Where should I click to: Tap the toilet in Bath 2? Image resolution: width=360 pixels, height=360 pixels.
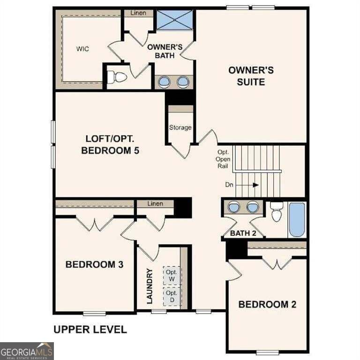tap(276, 212)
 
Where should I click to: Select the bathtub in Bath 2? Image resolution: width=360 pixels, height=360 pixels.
tap(297, 220)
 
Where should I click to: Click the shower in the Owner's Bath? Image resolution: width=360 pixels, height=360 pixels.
tap(175, 20)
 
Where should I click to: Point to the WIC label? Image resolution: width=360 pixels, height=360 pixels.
tap(82, 49)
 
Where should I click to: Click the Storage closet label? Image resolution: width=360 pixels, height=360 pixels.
tap(180, 127)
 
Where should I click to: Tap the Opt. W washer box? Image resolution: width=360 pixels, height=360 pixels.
tap(172, 275)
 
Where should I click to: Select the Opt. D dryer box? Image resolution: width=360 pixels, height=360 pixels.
tap(172, 296)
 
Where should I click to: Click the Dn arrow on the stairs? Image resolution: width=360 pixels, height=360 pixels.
tap(247, 185)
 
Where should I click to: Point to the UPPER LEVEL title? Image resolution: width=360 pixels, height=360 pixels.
tap(90, 330)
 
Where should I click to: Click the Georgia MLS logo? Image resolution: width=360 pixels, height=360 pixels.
tap(27, 351)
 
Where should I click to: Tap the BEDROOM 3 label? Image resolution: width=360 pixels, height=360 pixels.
tap(94, 264)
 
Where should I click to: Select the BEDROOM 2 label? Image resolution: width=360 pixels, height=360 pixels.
tap(267, 304)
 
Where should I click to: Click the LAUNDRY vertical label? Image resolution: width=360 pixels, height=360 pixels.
tap(150, 286)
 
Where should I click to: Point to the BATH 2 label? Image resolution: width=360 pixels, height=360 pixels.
tap(243, 233)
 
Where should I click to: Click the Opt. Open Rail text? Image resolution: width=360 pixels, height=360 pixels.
tap(223, 159)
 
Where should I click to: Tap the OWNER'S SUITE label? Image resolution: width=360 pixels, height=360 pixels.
tap(251, 76)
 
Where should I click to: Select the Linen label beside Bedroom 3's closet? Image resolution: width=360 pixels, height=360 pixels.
tap(155, 203)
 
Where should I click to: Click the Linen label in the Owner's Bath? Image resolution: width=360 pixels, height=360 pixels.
tap(138, 13)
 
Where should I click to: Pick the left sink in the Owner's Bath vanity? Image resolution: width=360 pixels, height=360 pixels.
tap(165, 82)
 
